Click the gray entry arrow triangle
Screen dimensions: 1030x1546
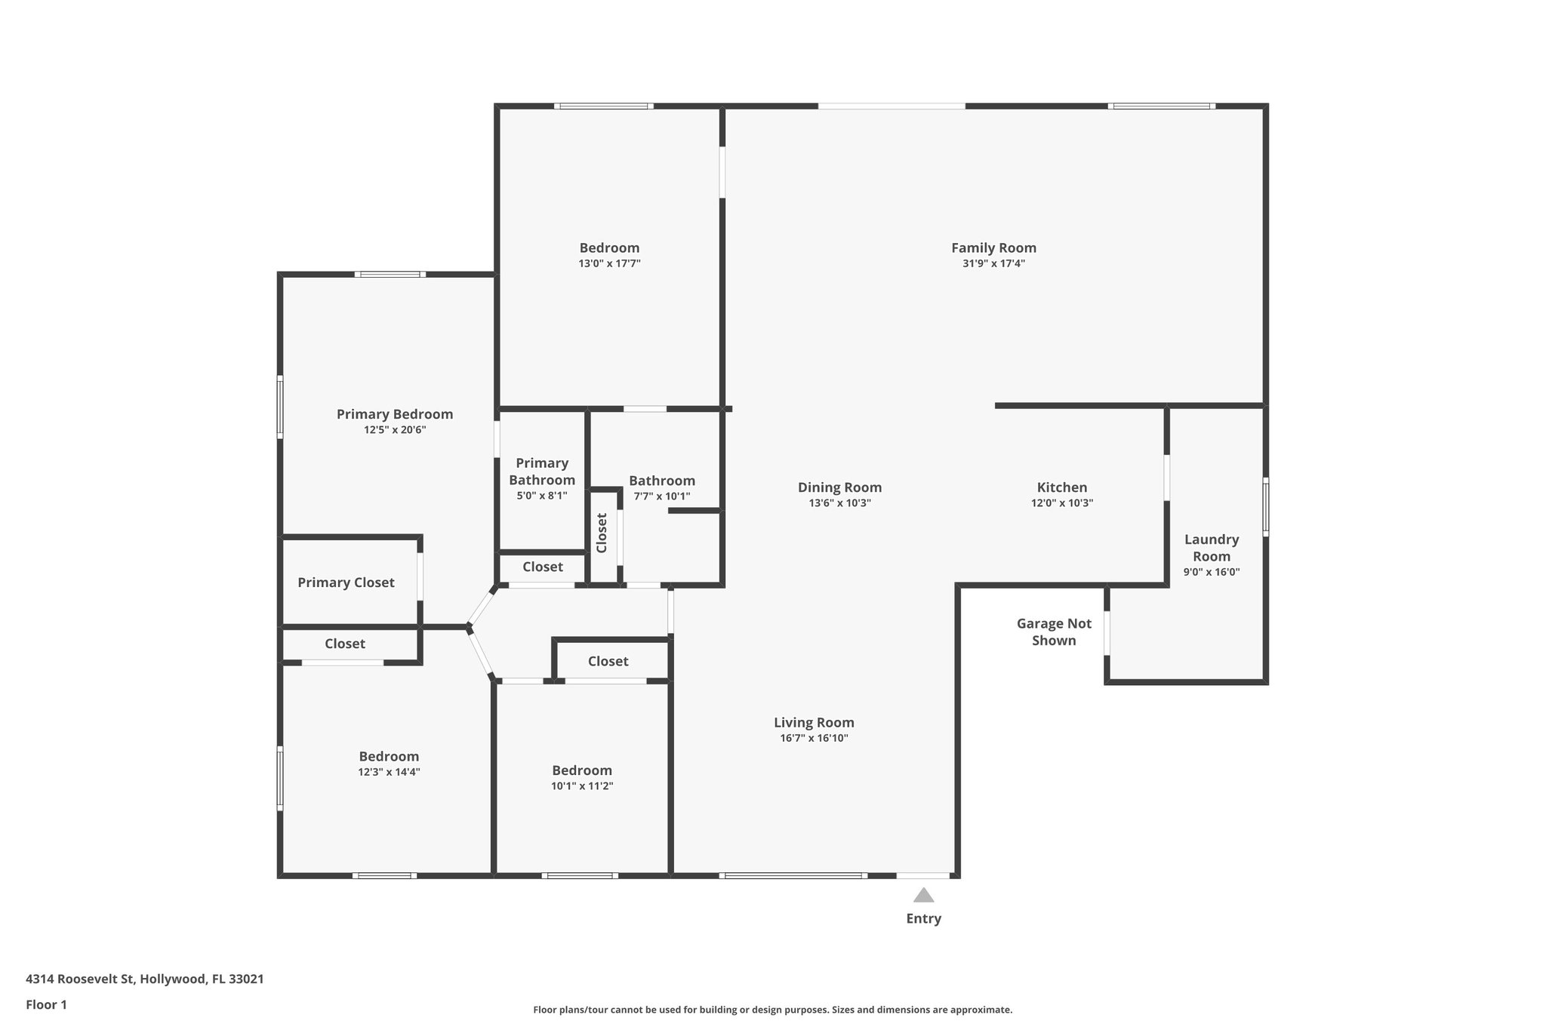pyautogui.click(x=923, y=896)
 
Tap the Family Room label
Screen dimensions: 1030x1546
pyautogui.click(x=993, y=248)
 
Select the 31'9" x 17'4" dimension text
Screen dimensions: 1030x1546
pyautogui.click(x=993, y=264)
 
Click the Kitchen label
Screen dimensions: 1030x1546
pyautogui.click(x=1061, y=487)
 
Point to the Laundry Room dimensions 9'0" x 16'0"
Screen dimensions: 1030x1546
pyautogui.click(x=1211, y=572)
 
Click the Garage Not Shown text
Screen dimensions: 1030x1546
pyautogui.click(x=1054, y=632)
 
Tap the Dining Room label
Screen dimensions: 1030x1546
pyautogui.click(x=839, y=487)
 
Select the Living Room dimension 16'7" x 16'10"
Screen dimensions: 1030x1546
pyautogui.click(x=814, y=738)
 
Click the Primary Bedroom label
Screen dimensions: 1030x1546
pyautogui.click(x=395, y=414)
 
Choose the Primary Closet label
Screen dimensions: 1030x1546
pyautogui.click(x=346, y=583)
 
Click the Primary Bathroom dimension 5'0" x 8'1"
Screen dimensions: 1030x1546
pyautogui.click(x=541, y=496)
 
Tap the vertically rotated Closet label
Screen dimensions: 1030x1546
pyautogui.click(x=602, y=533)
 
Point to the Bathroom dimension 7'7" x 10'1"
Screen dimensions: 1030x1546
pyautogui.click(x=661, y=497)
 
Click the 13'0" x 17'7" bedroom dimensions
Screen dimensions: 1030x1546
pyautogui.click(x=609, y=264)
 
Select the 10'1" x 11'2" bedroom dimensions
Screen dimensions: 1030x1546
pyautogui.click(x=581, y=786)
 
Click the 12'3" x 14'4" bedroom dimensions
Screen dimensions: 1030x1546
pyautogui.click(x=389, y=772)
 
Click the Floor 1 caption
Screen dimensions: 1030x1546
pyautogui.click(x=46, y=1004)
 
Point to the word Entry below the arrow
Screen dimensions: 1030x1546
pyautogui.click(x=923, y=918)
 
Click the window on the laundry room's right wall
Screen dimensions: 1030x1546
pyautogui.click(x=1266, y=506)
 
